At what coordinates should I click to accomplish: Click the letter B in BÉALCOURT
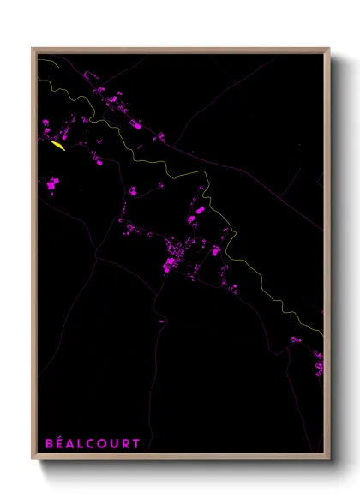(48, 443)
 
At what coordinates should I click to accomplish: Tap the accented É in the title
(58, 443)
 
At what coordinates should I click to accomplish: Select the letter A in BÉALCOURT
(69, 443)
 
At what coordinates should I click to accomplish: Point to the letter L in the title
(80, 443)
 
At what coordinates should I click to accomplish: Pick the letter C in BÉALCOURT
(90, 443)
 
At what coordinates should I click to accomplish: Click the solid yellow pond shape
(58, 146)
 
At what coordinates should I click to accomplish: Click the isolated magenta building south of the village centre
(161, 321)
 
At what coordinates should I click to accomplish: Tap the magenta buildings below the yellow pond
(52, 183)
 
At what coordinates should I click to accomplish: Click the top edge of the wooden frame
(180, 50)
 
